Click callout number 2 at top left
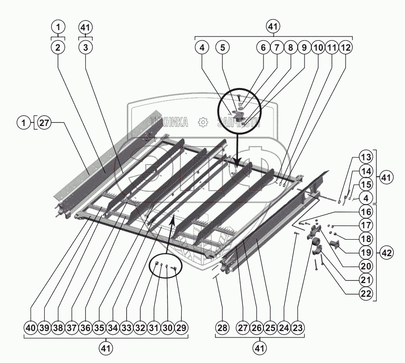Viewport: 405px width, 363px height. (x=58, y=47)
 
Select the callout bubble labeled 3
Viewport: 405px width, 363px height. (x=85, y=47)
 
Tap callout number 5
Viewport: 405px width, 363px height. (x=222, y=47)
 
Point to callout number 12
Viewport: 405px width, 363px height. (x=346, y=47)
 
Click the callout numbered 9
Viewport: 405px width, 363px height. (x=304, y=47)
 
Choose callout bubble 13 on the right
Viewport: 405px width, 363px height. (x=365, y=157)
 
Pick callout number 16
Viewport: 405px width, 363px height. (x=365, y=212)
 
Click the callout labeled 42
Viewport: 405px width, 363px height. (x=387, y=252)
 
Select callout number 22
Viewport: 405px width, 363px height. (x=365, y=294)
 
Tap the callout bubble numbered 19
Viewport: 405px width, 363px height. (x=365, y=253)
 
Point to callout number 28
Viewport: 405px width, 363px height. (x=222, y=327)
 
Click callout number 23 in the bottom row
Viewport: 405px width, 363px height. (x=298, y=327)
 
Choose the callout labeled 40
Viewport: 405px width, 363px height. (x=31, y=327)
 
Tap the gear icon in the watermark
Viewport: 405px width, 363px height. (x=202, y=122)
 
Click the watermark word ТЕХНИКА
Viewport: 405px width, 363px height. (x=169, y=122)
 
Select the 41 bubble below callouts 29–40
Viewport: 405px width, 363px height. (x=106, y=348)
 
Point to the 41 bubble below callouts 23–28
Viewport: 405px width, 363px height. (x=260, y=348)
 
